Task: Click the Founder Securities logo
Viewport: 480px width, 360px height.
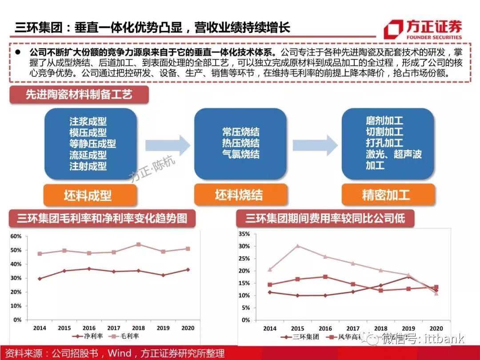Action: (423, 29)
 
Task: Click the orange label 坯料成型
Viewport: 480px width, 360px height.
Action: (88, 195)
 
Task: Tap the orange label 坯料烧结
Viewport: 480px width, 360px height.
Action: (239, 195)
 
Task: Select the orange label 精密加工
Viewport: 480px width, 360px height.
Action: (386, 195)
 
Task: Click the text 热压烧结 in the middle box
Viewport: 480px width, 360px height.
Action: (241, 144)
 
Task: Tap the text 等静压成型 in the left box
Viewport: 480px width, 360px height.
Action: (92, 144)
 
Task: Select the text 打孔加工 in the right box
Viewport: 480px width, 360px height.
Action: (384, 143)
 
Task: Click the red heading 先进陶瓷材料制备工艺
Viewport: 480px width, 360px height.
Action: (79, 95)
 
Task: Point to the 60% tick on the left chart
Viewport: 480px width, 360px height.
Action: (16, 236)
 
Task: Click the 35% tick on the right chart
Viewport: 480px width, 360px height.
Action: (244, 234)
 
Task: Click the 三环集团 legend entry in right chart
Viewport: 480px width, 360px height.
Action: (300, 336)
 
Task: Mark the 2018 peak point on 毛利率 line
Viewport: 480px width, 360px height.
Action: (138, 244)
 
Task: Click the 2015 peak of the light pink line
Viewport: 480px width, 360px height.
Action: (297, 246)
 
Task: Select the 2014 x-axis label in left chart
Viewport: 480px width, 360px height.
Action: (40, 327)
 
